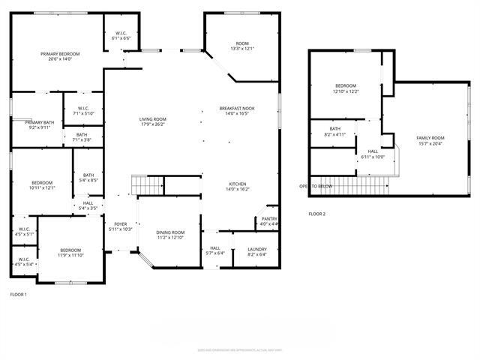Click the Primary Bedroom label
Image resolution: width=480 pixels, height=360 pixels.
click(x=60, y=54)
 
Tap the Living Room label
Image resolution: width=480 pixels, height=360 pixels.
click(x=152, y=119)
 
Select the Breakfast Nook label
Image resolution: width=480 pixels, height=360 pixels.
click(x=237, y=108)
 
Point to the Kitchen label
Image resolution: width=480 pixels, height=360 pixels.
click(x=237, y=184)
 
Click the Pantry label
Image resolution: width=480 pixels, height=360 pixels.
click(x=268, y=219)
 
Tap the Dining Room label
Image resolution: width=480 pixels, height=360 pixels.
click(x=169, y=232)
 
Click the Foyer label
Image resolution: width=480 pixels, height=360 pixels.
click(x=120, y=223)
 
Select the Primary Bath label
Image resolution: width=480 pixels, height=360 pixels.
click(x=39, y=122)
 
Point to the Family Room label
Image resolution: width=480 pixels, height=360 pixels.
click(x=430, y=138)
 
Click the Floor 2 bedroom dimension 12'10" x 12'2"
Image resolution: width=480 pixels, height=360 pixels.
click(x=346, y=91)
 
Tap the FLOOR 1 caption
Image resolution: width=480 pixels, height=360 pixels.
click(x=18, y=294)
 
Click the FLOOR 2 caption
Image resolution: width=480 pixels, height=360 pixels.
click(x=317, y=214)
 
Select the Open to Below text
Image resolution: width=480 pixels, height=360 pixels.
click(x=316, y=186)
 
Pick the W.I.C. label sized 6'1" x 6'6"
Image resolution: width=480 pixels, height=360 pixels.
click(x=121, y=37)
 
